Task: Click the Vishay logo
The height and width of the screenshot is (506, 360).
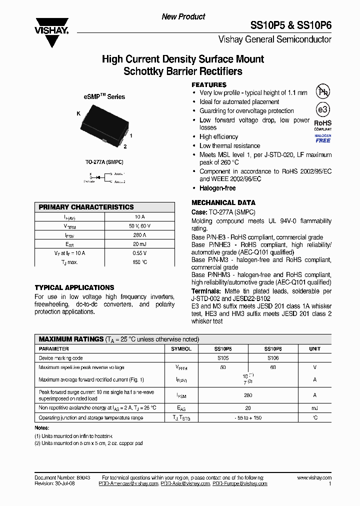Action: point(51,31)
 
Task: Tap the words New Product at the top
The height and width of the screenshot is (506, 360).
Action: point(183,16)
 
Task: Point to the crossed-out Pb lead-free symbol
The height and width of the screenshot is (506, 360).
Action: point(322,91)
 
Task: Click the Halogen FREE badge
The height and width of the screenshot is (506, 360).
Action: point(322,138)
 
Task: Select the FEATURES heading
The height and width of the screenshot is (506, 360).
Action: point(209,84)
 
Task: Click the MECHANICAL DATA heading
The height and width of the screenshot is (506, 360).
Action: point(223,202)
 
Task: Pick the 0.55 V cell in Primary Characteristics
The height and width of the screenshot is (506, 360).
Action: point(139,253)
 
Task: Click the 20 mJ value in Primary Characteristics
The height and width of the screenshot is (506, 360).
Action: point(139,244)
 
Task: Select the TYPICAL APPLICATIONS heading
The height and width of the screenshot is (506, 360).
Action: point(74,287)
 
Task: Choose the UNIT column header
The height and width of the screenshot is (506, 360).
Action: point(314,348)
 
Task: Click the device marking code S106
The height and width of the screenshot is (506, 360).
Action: point(273,358)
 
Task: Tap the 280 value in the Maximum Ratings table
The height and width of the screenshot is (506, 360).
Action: point(248,395)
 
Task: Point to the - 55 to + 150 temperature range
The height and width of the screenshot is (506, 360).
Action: point(248,417)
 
